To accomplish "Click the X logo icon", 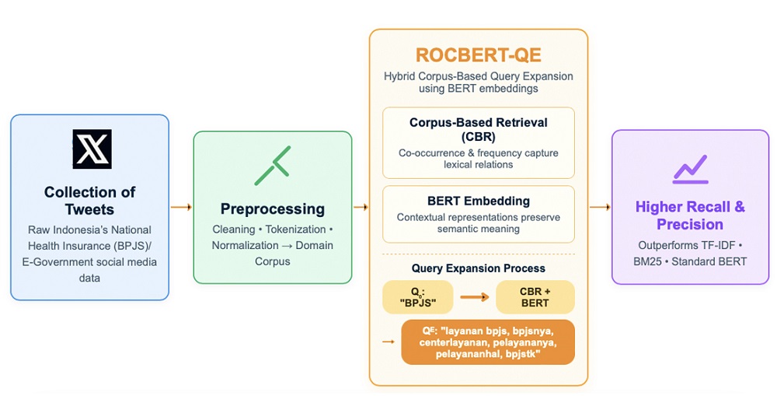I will click(92, 149).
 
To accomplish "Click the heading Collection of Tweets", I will click(89, 201).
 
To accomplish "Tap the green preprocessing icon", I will click(272, 165).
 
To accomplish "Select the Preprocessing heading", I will click(272, 209).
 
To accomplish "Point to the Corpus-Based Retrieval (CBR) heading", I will click(478, 129).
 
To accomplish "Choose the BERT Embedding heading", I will click(478, 202).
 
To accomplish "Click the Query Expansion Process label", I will click(478, 268).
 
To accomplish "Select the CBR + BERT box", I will click(535, 297).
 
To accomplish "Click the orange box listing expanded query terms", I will click(488, 342).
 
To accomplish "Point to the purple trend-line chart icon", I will click(689, 169).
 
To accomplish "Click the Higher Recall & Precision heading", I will click(689, 216).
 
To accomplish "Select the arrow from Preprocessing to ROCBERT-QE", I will click(361, 207).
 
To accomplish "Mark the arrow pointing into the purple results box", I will click(600, 207).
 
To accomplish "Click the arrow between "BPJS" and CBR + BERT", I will click(476, 297).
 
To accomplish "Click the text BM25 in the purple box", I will click(653, 261).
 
